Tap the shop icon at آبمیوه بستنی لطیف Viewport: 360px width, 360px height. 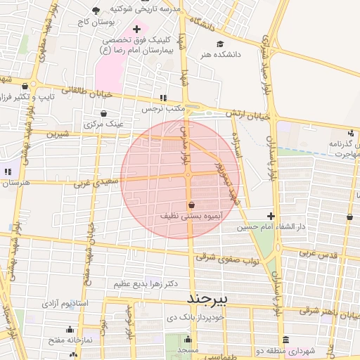(191, 205)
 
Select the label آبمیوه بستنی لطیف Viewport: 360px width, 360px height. (191, 217)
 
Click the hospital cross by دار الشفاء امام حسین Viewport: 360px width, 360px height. (271, 215)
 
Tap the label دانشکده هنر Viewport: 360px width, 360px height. (221, 54)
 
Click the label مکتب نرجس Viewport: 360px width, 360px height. (163, 110)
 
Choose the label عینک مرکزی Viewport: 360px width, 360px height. (104, 124)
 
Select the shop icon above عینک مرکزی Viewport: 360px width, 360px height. (104, 112)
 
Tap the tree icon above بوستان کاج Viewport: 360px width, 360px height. (96, 11)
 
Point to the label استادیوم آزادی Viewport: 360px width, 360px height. (65, 304)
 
